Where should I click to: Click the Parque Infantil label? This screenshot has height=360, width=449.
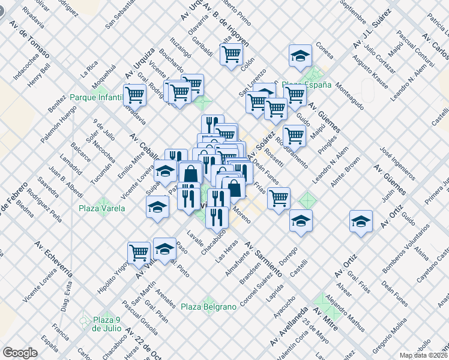96,97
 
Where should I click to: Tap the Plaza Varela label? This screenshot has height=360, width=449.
101,209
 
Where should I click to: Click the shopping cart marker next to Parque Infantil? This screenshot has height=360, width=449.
136,95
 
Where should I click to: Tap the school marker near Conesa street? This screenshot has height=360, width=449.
300,56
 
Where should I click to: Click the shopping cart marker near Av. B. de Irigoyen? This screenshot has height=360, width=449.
231,55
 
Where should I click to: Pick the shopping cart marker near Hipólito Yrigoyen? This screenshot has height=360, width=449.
139,252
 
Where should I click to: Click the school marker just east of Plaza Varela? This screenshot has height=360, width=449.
158,208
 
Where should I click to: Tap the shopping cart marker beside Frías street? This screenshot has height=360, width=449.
279,197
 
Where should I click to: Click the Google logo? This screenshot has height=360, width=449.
20,353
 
